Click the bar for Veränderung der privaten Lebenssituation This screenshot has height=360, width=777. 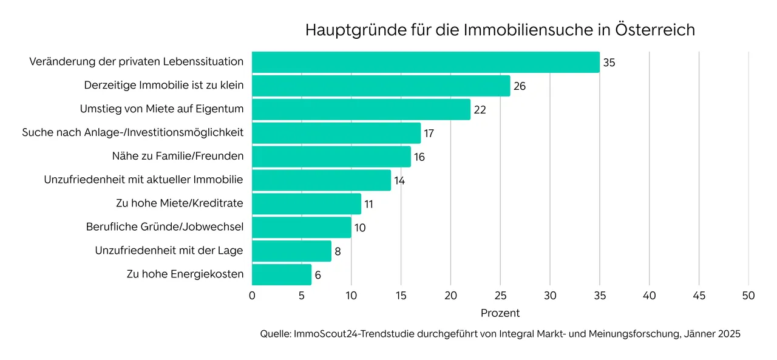(x=425, y=63)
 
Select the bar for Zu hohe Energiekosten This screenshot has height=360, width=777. (x=282, y=274)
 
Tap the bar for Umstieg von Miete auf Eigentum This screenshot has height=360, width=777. (x=361, y=109)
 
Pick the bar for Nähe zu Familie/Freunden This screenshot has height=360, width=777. (x=331, y=157)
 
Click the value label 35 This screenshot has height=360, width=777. (x=609, y=63)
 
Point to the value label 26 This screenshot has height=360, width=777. (x=519, y=86)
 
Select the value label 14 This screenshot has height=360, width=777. (x=399, y=180)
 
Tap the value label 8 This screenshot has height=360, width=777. (x=338, y=251)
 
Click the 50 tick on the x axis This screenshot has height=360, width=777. (x=748, y=296)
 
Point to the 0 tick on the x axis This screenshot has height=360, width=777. (x=252, y=296)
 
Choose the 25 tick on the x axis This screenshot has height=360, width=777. (x=500, y=296)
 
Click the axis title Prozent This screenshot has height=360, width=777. (x=500, y=313)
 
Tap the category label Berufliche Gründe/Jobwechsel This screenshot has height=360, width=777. (x=165, y=227)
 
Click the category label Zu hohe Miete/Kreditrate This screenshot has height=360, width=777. (x=180, y=203)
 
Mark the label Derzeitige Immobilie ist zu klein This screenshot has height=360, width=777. (x=164, y=86)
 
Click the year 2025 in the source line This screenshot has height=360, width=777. (x=728, y=334)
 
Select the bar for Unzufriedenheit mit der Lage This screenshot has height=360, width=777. (x=291, y=251)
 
